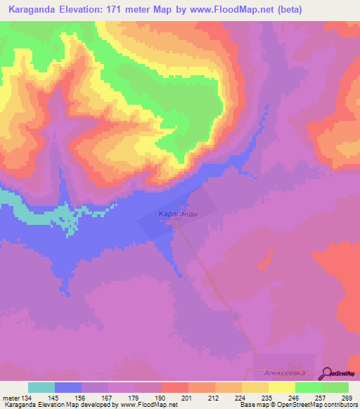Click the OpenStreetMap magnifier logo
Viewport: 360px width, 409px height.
[x=328, y=373]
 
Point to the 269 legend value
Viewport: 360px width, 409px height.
[x=347, y=398]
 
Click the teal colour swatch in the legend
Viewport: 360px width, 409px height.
[x=41, y=387]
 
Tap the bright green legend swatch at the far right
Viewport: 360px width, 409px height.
[x=335, y=387]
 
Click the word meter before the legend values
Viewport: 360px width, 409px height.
[x=11, y=398]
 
